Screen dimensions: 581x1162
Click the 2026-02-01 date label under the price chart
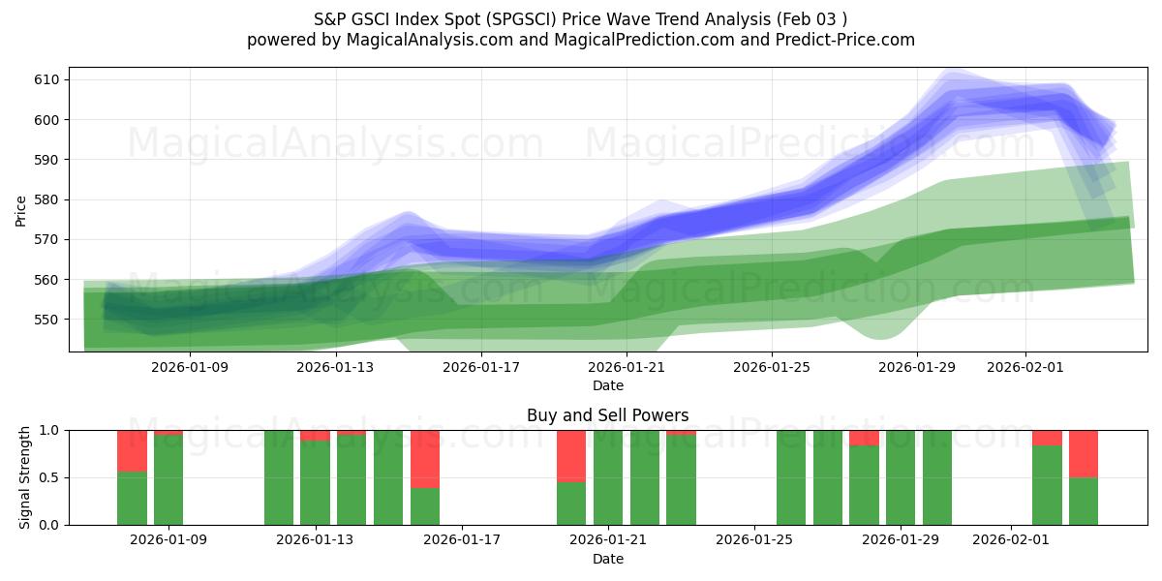click(x=1025, y=367)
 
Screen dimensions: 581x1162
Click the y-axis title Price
click(x=21, y=210)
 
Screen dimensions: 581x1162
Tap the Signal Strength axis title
click(x=25, y=477)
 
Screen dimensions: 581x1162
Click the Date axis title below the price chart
click(x=608, y=385)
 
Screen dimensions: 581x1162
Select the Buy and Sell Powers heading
click(x=608, y=415)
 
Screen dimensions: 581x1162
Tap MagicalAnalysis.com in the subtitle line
click(x=421, y=40)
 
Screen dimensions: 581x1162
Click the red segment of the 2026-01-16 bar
click(x=425, y=458)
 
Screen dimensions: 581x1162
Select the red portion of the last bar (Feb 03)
click(x=1084, y=453)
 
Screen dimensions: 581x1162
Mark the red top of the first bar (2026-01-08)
click(x=132, y=450)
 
